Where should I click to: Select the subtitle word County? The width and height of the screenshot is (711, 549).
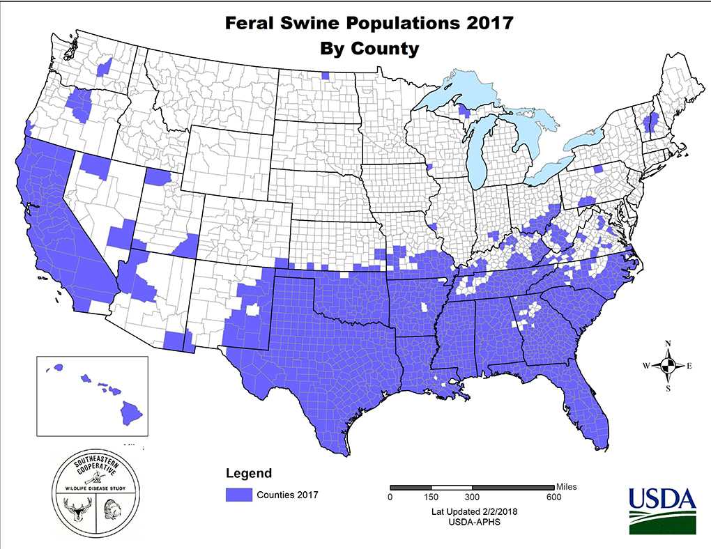[388, 49]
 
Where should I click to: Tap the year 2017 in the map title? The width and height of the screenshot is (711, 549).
[487, 23]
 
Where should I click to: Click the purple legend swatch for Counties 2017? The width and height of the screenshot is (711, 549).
[237, 495]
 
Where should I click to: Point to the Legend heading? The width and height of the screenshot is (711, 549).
[249, 474]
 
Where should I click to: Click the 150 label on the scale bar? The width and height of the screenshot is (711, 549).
[431, 497]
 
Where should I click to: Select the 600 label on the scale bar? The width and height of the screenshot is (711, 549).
[553, 497]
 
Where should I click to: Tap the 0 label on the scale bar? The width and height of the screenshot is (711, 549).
[390, 497]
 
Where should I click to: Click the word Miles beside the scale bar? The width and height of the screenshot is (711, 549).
[566, 486]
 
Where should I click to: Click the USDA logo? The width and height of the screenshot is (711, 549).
[662, 509]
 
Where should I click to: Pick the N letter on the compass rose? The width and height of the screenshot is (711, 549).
[668, 343]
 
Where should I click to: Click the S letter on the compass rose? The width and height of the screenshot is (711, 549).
[668, 389]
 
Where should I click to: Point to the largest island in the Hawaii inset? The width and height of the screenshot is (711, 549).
[130, 412]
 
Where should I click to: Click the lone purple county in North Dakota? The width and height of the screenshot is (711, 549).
[326, 76]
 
